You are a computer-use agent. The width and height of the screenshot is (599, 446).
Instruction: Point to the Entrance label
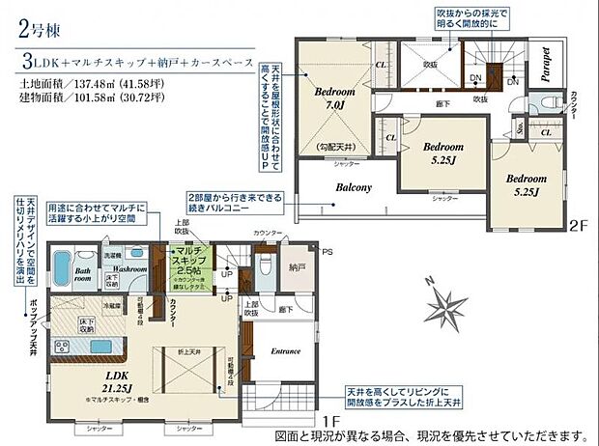pos(286,351)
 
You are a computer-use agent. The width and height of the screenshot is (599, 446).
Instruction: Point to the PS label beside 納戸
pos(326,252)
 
